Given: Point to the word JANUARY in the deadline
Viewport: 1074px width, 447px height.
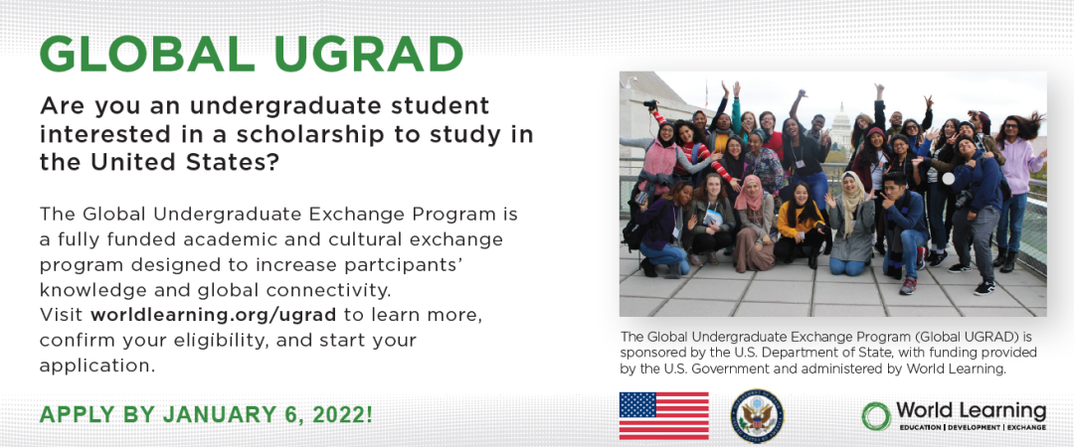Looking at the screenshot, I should point(192,413).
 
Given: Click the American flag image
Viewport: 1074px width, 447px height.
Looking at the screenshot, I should point(663,415).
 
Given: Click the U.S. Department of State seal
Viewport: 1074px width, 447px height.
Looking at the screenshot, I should point(757,415).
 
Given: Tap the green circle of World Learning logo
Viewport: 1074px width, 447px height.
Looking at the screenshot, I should point(876,415).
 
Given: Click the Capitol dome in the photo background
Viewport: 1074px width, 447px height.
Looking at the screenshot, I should point(841,124).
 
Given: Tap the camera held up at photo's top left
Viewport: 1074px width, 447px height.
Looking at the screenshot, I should point(649,105).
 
